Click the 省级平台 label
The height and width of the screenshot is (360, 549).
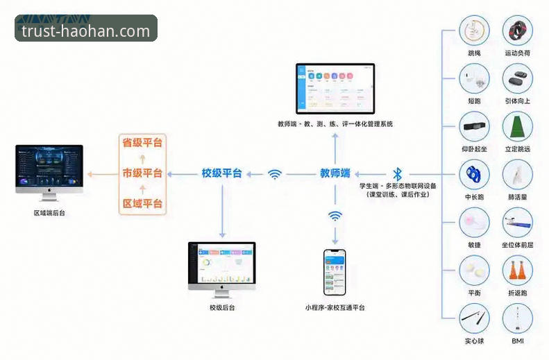pyautogui.click(x=142, y=143)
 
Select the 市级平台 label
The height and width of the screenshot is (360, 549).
pyautogui.click(x=142, y=173)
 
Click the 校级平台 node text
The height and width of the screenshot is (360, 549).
pyautogui.click(x=221, y=173)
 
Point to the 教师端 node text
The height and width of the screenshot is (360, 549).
pyautogui.click(x=335, y=173)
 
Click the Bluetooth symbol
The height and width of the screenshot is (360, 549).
pyautogui.click(x=398, y=173)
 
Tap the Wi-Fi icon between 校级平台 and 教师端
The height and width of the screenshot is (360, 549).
pyautogui.click(x=275, y=174)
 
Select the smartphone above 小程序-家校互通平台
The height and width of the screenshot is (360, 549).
pyautogui.click(x=335, y=273)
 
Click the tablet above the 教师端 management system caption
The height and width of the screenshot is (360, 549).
pyautogui.click(x=335, y=88)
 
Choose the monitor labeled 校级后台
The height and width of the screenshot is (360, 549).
pyautogui.click(x=221, y=266)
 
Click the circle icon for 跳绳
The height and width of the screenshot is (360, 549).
pyautogui.click(x=475, y=31)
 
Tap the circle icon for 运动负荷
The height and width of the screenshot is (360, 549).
pyautogui.click(x=517, y=31)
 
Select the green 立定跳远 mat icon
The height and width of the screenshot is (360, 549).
pyautogui.click(x=517, y=127)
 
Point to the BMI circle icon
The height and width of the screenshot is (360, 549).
pyautogui.click(x=517, y=318)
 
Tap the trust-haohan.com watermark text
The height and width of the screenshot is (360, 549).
pyautogui.click(x=86, y=31)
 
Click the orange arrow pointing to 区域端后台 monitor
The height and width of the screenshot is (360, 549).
pyautogui.click(x=101, y=173)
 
